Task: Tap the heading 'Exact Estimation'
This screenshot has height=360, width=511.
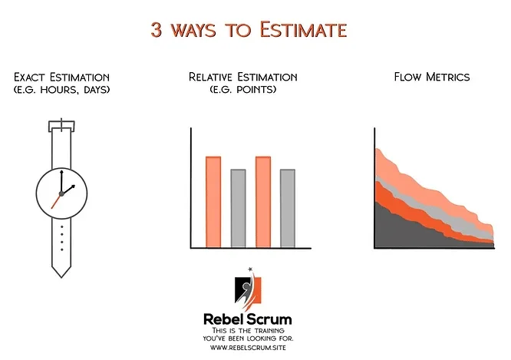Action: click(x=61, y=77)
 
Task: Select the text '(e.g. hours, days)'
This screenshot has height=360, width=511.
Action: click(x=61, y=90)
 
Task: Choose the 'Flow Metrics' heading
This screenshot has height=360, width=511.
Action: click(x=431, y=77)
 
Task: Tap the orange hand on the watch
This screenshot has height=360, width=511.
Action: click(x=56, y=201)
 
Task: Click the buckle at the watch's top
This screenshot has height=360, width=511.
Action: click(x=61, y=126)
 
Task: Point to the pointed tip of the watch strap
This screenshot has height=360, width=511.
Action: click(x=61, y=272)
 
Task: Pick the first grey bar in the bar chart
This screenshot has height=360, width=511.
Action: click(x=238, y=208)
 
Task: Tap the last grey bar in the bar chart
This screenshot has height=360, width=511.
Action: click(x=288, y=208)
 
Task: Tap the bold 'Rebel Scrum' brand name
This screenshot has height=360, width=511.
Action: click(x=247, y=318)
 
